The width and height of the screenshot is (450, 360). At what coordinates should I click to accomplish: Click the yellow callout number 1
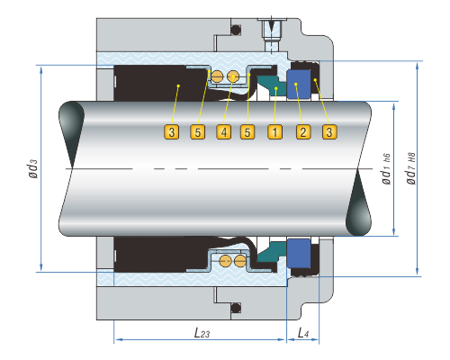point(274,132)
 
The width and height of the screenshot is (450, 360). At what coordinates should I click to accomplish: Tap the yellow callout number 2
point(303,132)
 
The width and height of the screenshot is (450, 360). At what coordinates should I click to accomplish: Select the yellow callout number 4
point(224,132)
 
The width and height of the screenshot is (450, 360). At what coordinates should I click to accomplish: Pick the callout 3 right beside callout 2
point(329,132)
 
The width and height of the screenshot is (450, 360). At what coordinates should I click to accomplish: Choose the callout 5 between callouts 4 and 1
point(247,132)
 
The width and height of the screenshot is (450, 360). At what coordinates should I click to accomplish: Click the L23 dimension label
point(202,332)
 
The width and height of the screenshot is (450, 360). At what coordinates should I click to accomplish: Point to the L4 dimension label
point(303,332)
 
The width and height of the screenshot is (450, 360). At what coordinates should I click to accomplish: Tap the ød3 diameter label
point(33,168)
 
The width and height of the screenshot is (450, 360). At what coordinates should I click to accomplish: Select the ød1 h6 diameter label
point(386,169)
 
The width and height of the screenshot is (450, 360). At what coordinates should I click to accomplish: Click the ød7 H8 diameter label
point(410,168)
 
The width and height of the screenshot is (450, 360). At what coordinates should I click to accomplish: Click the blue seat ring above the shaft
point(299,84)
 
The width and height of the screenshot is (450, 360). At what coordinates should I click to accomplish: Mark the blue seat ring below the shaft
point(299,253)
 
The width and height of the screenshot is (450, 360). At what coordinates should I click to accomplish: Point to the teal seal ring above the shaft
point(272,85)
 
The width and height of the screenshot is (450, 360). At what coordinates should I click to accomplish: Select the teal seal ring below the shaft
point(272,252)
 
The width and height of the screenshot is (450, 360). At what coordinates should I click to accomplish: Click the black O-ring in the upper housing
point(236,30)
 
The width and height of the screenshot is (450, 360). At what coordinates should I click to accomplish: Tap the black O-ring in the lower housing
point(236,308)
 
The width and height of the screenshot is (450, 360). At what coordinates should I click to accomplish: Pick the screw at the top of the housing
point(272,33)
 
